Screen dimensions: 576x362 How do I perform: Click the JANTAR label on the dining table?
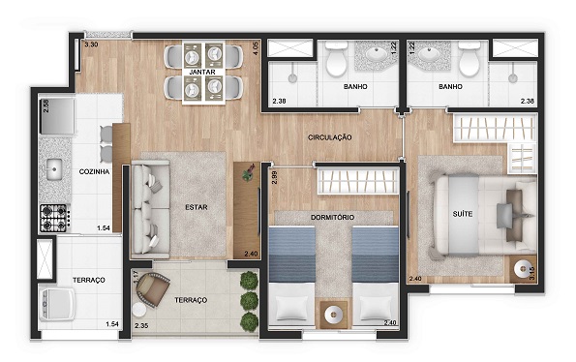tap(202, 72)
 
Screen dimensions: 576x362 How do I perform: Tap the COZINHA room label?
tap(95, 171)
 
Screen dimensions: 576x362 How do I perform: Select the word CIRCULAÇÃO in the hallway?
tap(329, 137)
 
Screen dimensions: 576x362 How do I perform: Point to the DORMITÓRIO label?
tap(332, 218)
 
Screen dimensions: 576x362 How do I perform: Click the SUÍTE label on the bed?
tap(463, 214)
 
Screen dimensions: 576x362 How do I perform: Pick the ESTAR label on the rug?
tap(197, 207)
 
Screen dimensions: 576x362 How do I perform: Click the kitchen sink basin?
tap(54, 169)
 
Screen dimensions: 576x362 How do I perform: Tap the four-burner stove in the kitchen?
tap(54, 218)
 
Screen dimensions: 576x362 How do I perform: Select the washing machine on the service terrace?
tap(58, 304)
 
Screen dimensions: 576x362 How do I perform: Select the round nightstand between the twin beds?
tap(334, 315)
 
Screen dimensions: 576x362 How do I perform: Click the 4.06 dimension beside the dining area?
tap(256, 48)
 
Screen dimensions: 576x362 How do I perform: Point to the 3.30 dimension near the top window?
tap(91, 45)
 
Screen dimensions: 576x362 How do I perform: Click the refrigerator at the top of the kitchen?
tap(58, 116)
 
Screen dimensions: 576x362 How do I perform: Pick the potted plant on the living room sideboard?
tap(250, 172)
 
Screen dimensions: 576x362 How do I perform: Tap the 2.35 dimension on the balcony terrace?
tap(141, 325)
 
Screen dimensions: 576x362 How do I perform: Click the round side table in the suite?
tap(522, 269)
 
